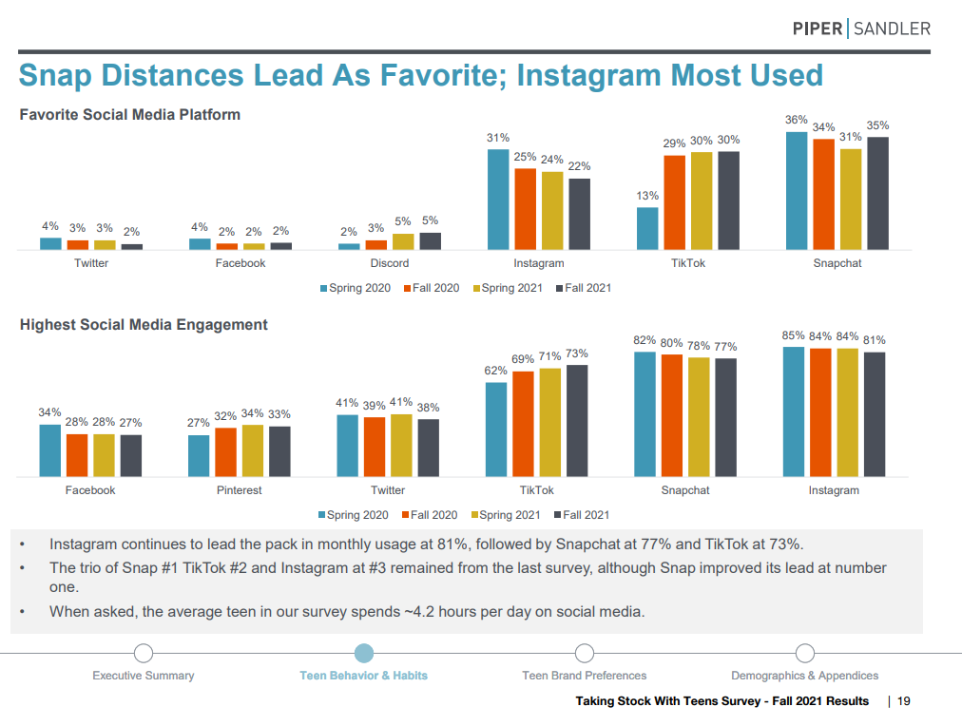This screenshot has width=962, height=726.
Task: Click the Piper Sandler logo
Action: tap(861, 29)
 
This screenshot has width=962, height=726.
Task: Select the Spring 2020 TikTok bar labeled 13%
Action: tap(647, 228)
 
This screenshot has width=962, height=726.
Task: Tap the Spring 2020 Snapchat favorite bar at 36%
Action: tap(797, 191)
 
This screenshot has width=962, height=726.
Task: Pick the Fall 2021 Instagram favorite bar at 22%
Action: tap(579, 214)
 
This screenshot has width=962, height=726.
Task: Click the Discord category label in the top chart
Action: tap(390, 263)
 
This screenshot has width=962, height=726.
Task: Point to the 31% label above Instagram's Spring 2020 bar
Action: tap(498, 138)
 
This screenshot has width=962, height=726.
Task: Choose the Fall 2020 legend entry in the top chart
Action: tap(432, 288)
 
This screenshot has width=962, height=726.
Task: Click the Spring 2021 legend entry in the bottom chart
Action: tap(506, 515)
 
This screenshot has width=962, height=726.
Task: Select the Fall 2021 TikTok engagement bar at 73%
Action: tap(577, 421)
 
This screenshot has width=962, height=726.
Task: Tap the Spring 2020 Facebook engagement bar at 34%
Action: tap(49, 450)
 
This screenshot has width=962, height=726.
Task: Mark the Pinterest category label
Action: tap(240, 490)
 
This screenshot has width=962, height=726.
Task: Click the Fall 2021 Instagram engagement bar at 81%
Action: tap(875, 414)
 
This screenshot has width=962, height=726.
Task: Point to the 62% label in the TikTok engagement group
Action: tap(495, 371)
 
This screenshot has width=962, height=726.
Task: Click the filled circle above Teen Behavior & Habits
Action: tap(364, 653)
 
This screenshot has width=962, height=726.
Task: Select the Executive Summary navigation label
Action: tap(144, 676)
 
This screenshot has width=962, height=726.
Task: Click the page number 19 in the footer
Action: tap(904, 701)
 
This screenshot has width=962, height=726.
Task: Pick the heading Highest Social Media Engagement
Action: tap(144, 325)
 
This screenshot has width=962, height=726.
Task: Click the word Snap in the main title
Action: tap(55, 76)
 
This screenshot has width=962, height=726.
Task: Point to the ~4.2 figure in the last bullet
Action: tap(419, 612)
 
